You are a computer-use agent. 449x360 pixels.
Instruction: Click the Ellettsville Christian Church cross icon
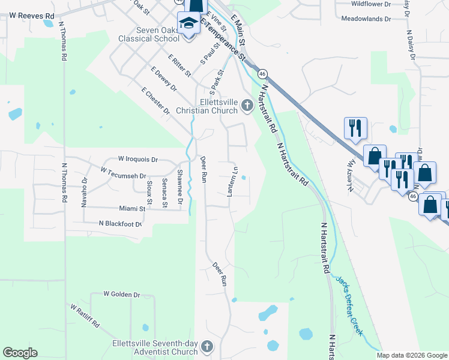pos(247,107)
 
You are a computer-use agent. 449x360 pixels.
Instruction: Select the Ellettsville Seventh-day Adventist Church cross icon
pos(207,346)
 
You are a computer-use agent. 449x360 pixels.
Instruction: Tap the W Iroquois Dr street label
pos(138,160)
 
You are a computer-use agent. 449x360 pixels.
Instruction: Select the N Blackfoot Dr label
pos(121,224)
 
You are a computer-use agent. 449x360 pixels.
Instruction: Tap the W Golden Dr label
pos(121,295)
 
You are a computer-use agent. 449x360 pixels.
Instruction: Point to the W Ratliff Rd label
pos(85,319)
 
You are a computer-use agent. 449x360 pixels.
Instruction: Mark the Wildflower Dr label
pos(370,4)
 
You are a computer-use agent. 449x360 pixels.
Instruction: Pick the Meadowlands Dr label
pos(366,19)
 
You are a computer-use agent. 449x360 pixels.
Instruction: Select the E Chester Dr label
pos(155,100)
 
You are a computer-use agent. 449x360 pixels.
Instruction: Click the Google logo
pos(20,353)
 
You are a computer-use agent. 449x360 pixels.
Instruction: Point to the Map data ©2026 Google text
pos(412,355)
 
